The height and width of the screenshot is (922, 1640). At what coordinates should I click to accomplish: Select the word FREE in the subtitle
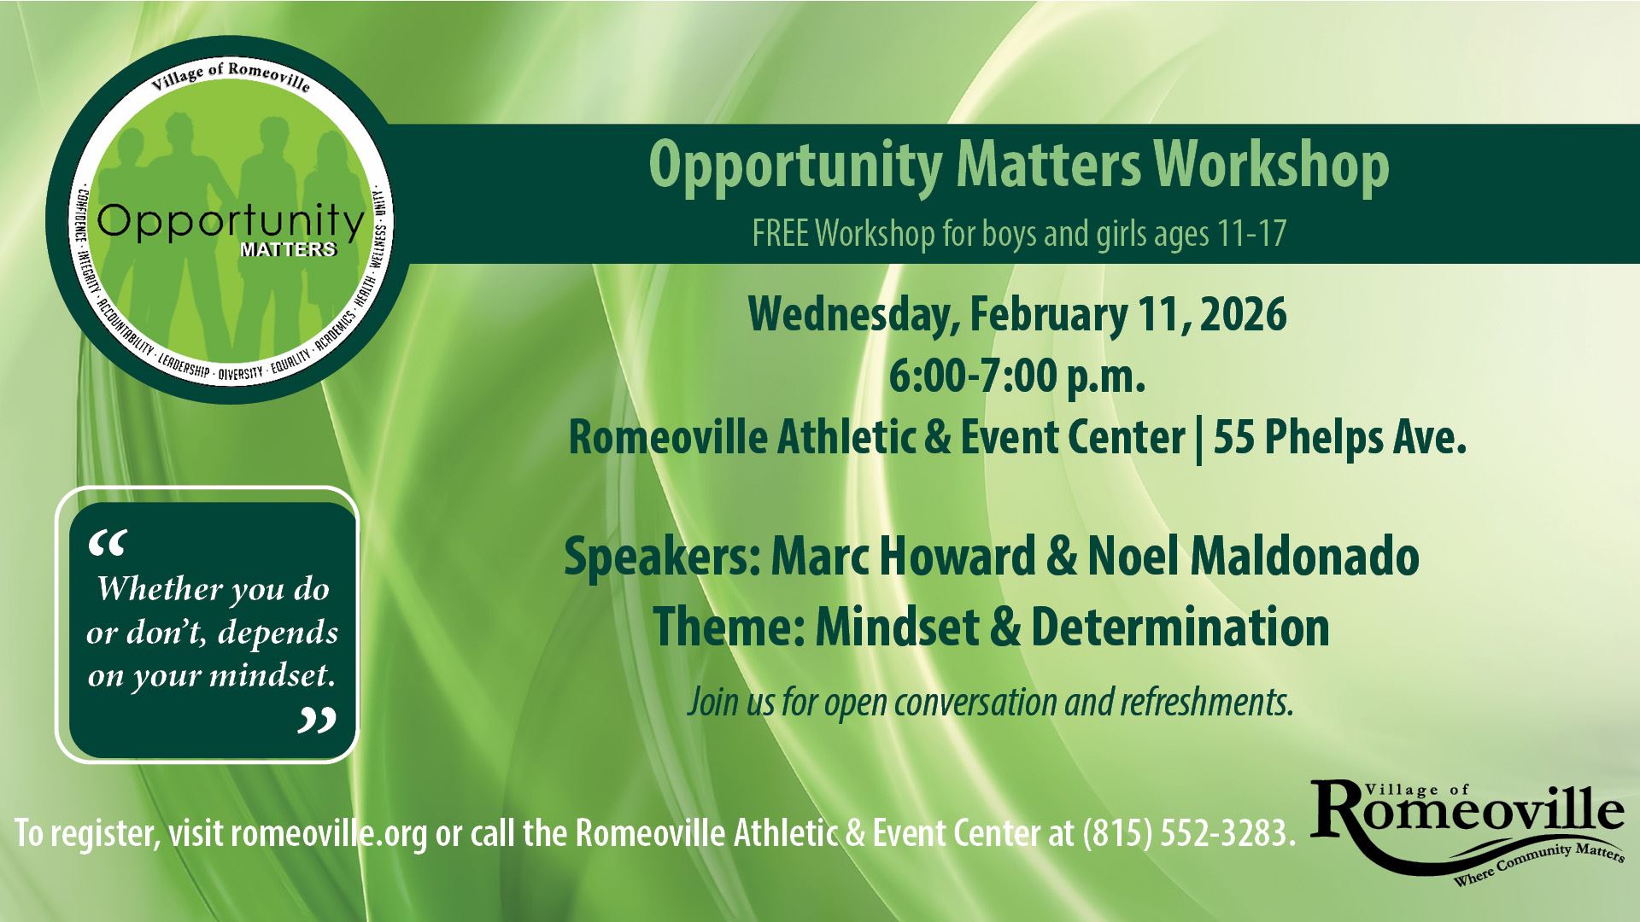tap(781, 234)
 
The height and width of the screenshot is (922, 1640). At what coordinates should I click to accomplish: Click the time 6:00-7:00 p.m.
tap(1016, 377)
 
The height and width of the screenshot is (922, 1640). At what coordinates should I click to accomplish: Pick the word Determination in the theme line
tap(1180, 627)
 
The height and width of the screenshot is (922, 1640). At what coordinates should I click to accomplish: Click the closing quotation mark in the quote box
tap(316, 721)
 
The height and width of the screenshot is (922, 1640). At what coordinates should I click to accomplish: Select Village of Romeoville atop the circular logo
tap(231, 79)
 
